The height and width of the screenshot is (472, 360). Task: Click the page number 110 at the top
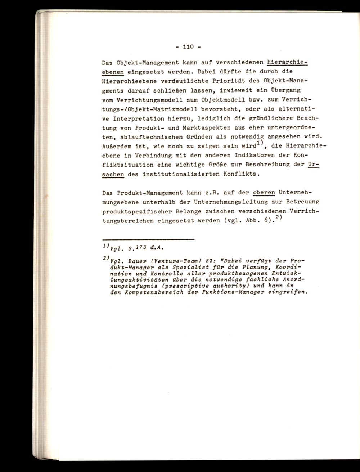click(188, 47)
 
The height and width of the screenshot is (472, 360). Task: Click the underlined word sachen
click(113, 174)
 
